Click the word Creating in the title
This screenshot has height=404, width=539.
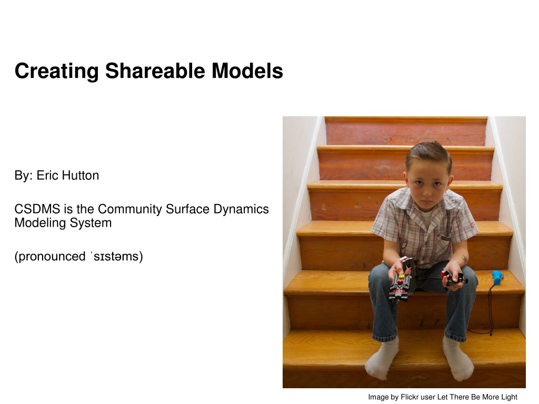pos(57,72)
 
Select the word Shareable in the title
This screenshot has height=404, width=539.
pos(155,71)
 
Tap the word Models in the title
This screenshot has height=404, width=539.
pos(247,71)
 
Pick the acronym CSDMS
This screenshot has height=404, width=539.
pos(37,209)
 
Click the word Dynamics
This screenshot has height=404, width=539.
pos(241,209)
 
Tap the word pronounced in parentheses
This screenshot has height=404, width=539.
pos(52,257)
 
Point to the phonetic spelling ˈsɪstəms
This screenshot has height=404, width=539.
pos(116,257)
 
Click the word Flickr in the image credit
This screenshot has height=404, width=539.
pos(410,397)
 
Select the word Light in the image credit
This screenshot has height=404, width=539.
pos(509,398)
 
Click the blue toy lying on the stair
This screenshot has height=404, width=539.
pos(497,277)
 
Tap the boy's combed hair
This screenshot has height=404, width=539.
pos(428,155)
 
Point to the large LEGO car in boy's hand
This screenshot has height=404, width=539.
pos(402,279)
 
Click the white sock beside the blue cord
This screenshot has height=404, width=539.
pos(458,359)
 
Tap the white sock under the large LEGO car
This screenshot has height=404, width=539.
pos(382,359)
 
